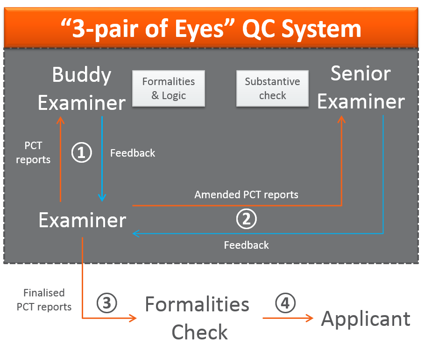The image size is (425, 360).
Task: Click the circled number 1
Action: click(81, 153)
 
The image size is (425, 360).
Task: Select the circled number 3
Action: click(106, 303)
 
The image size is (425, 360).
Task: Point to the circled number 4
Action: click(285, 303)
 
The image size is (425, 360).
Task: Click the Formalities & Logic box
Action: click(169, 88)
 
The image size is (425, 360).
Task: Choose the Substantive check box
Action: click(272, 88)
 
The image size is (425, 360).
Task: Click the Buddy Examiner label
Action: click(82, 89)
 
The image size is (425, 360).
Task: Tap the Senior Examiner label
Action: click(361, 87)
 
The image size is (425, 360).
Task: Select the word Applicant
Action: click(366, 319)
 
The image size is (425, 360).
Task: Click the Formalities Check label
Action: click(198, 318)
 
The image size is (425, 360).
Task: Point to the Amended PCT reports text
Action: click(246, 194)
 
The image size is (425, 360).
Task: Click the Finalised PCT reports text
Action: click(44, 300)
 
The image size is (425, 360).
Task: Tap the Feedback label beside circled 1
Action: click(133, 153)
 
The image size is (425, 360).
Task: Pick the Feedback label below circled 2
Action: click(246, 245)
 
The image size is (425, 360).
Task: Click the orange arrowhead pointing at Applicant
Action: click(309, 318)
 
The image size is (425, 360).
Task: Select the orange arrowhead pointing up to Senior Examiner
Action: click(341, 121)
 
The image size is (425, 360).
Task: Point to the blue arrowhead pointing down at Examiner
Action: click(102, 197)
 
